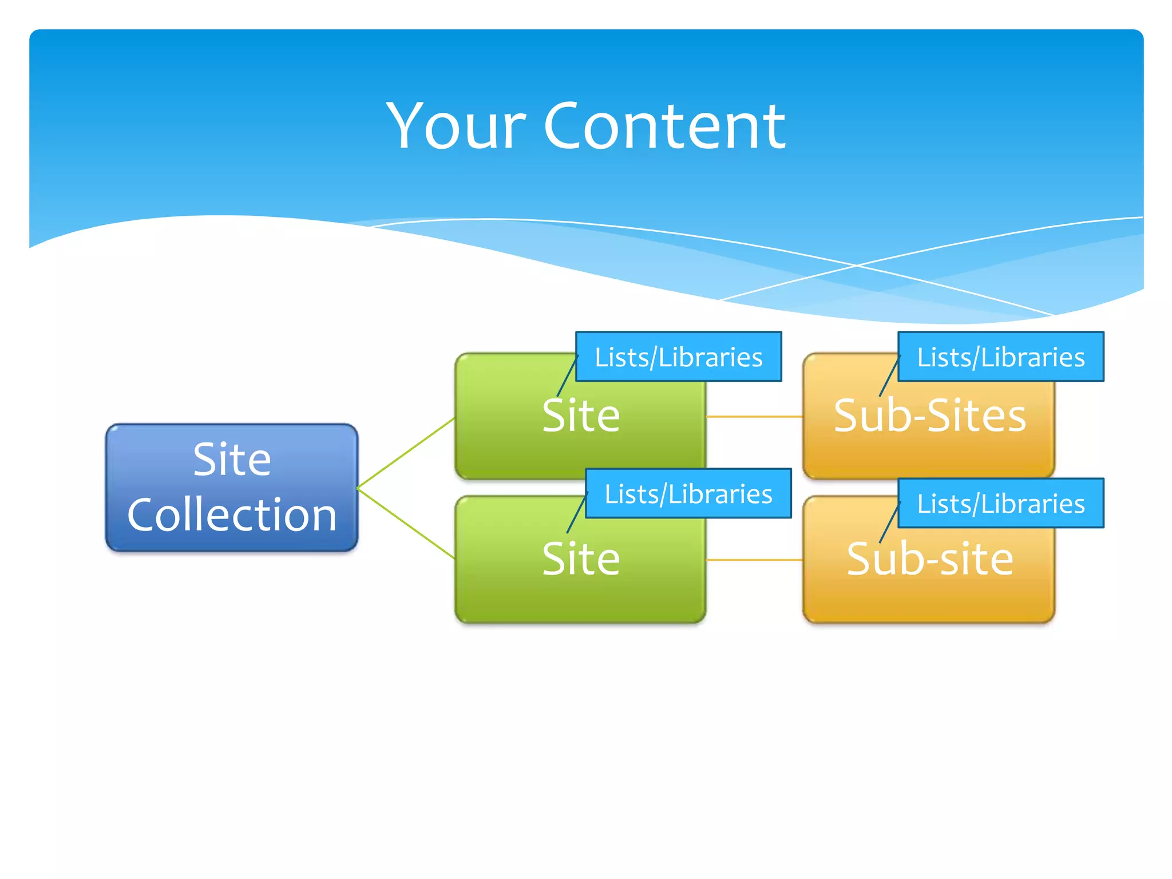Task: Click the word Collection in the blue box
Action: (231, 514)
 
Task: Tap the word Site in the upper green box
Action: (580, 415)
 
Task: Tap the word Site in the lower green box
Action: (580, 559)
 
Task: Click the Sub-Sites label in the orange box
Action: (929, 415)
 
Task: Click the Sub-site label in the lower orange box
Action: (929, 559)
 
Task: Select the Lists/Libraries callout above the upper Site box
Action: (678, 357)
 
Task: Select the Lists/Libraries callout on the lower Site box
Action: (688, 494)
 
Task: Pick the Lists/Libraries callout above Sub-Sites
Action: (1000, 357)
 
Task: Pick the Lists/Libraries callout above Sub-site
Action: (1000, 504)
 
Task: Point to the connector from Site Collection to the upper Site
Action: (406, 453)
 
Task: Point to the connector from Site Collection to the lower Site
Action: (406, 523)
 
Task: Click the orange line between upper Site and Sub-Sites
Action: (754, 417)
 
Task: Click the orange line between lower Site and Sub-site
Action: (754, 560)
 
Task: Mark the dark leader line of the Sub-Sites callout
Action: (889, 376)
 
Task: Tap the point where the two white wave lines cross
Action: (857, 266)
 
